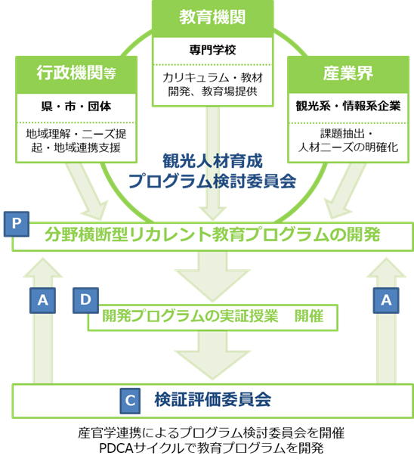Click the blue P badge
point(17,224)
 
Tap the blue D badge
point(85,300)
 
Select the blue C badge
point(130,401)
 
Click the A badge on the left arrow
point(42,300)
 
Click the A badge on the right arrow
point(386,300)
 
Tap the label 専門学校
point(212,50)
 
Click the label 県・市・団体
point(76,107)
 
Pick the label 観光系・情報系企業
point(348,106)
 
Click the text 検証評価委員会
point(212,400)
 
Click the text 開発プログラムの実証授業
point(190,316)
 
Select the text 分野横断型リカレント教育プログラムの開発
point(212,234)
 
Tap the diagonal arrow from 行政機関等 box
point(88,191)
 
